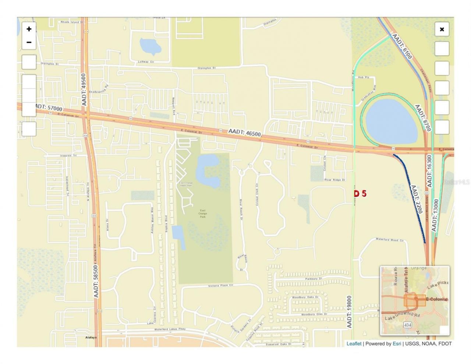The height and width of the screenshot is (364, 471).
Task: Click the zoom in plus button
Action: pyautogui.click(x=29, y=29)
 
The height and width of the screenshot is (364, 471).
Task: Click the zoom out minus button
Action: pyautogui.click(x=29, y=42)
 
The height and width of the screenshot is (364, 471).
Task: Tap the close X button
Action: pyautogui.click(x=442, y=29)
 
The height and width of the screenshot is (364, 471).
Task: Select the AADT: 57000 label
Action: pyautogui.click(x=49, y=108)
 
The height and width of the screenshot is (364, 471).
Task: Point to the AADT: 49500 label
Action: pyautogui.click(x=84, y=90)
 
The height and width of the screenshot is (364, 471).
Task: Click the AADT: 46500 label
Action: pyautogui.click(x=244, y=132)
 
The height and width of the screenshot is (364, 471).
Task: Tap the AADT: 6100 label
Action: pyautogui.click(x=402, y=46)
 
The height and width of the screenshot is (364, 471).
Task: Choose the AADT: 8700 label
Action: pyautogui.click(x=423, y=118)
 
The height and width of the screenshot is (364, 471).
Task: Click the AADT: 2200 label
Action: pyautogui.click(x=416, y=199)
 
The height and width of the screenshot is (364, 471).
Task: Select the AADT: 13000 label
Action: pyautogui.click(x=436, y=215)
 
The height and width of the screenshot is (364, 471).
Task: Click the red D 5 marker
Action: pyautogui.click(x=360, y=193)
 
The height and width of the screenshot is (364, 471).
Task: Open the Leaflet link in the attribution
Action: pyautogui.click(x=354, y=344)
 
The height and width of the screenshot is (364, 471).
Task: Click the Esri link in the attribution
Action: pyautogui.click(x=397, y=344)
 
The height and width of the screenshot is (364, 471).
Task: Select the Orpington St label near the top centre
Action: pyautogui.click(x=206, y=68)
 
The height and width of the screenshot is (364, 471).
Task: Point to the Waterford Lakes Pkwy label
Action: pyautogui.click(x=170, y=329)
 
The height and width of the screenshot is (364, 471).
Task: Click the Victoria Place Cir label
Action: pyautogui.click(x=221, y=286)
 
